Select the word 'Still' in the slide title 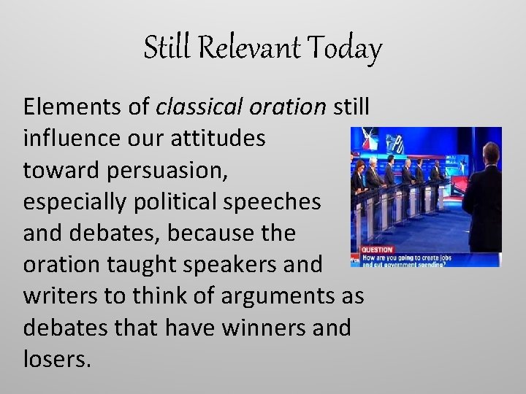tap(167, 49)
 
